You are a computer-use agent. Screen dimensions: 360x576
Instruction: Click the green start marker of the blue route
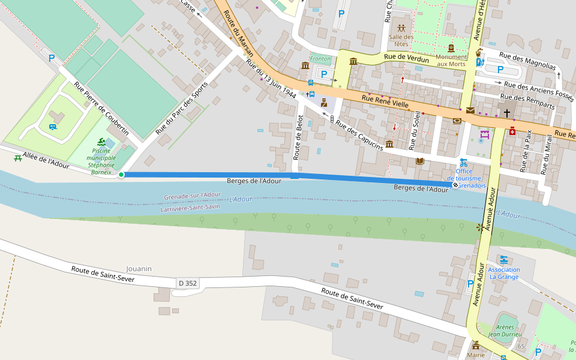[x=121, y=175]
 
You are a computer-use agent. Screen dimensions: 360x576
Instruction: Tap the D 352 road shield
[x=187, y=283]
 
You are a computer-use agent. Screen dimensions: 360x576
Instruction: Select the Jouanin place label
[x=139, y=269]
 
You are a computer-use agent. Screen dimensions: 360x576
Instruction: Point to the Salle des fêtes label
[x=401, y=40]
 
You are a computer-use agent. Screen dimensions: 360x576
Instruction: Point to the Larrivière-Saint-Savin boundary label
[x=190, y=208]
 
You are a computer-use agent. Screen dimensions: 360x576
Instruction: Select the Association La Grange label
[x=504, y=273]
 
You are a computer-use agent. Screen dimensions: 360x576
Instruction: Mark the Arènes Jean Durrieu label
[x=505, y=330]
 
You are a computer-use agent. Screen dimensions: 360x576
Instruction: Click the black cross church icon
[x=507, y=113]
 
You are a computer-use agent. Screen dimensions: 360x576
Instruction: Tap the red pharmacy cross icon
[x=512, y=131]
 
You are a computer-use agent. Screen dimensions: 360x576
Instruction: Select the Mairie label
[x=476, y=355]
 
